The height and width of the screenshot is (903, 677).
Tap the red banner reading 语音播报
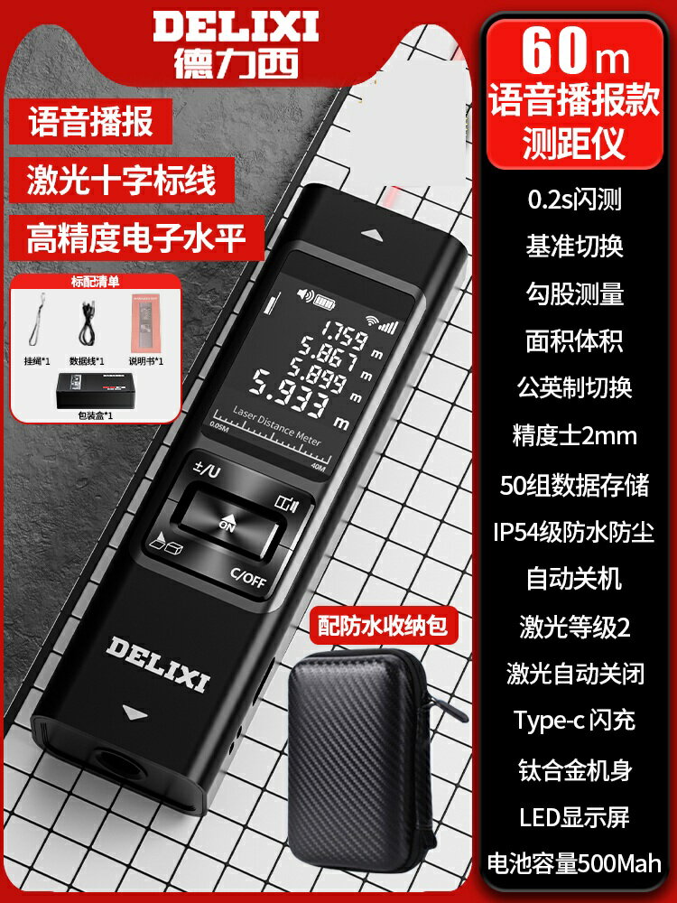click(x=92, y=123)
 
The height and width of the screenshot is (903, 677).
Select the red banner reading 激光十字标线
click(x=123, y=180)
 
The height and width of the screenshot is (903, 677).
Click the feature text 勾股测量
click(x=575, y=293)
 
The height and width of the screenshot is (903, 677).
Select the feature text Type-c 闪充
click(x=575, y=720)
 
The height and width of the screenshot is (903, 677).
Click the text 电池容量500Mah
click(x=575, y=862)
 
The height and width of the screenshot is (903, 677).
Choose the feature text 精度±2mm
click(x=575, y=436)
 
